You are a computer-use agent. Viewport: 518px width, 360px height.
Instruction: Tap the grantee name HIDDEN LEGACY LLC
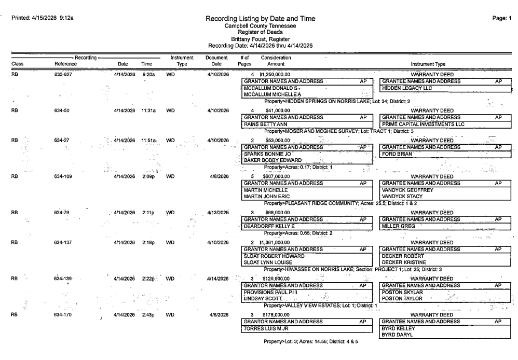click(406, 88)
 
